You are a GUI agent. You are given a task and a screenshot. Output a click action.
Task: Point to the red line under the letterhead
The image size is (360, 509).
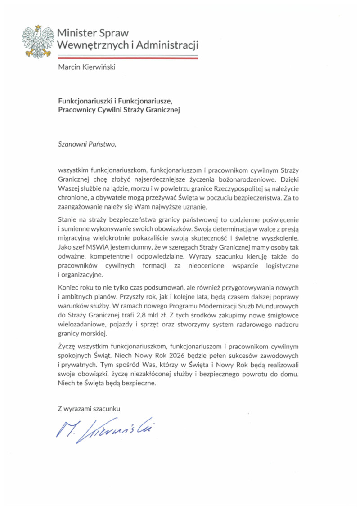(x=128, y=58)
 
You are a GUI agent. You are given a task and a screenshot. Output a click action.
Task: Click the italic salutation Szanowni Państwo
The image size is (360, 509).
(x=87, y=144)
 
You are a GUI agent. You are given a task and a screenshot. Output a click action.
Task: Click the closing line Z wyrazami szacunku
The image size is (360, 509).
(x=90, y=409)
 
